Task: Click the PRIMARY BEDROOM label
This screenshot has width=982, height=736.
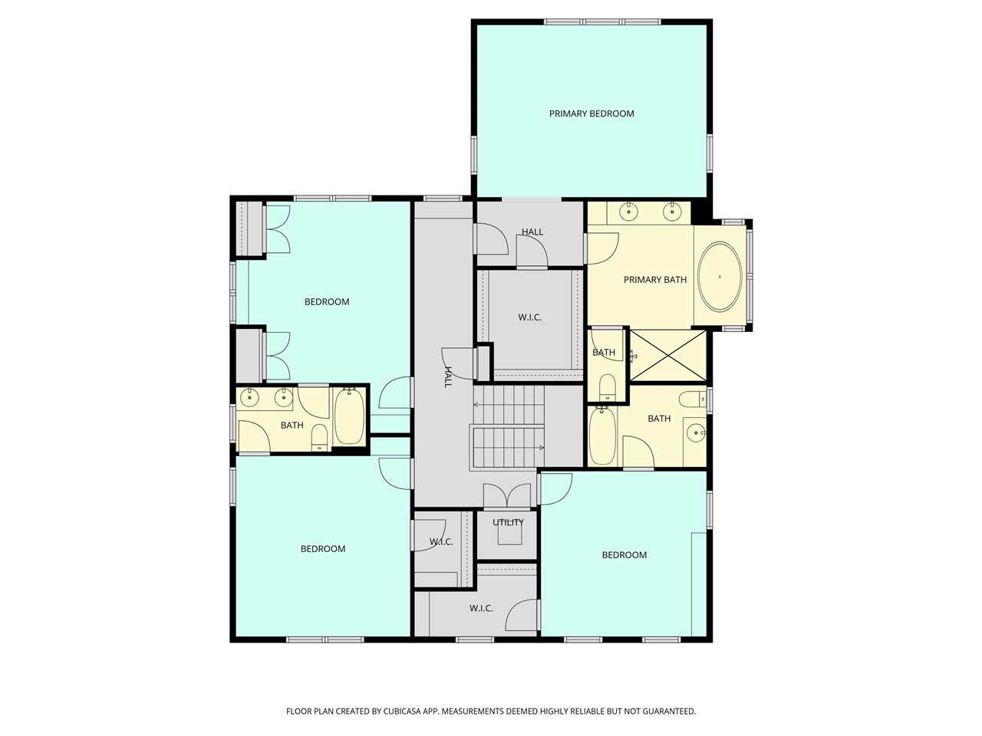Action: click(592, 114)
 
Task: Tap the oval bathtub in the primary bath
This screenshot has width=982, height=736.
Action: click(720, 277)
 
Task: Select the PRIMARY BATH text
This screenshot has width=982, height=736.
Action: click(655, 280)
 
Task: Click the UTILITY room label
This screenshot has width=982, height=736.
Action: click(508, 522)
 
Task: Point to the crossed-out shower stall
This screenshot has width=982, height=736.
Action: click(667, 356)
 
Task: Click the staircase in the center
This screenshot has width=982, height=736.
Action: click(507, 427)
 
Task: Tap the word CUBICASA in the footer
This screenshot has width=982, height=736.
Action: click(402, 711)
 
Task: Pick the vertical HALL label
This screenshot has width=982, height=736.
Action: click(448, 377)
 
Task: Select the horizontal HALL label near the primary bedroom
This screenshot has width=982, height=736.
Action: click(532, 232)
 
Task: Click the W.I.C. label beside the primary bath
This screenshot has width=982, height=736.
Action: click(529, 317)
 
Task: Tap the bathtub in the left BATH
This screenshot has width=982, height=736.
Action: click(349, 416)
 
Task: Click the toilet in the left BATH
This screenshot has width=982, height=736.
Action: click(319, 438)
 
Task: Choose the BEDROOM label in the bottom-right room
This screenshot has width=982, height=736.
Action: click(624, 556)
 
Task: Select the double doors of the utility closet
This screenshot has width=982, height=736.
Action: click(507, 495)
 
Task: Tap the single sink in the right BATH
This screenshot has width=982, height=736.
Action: click(696, 433)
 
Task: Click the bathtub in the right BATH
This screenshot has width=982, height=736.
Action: click(602, 435)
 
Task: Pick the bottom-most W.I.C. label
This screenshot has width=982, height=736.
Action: click(481, 609)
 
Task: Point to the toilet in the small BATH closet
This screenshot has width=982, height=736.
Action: click(607, 387)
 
